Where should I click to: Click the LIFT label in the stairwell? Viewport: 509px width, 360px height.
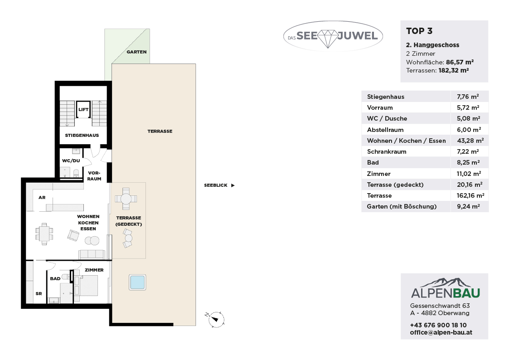pyautogui.click(x=83, y=109)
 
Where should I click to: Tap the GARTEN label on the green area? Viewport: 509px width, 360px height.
pyautogui.click(x=136, y=52)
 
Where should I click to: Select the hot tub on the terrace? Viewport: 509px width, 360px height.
pyautogui.click(x=137, y=282)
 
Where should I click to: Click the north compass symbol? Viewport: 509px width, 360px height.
pyautogui.click(x=215, y=319)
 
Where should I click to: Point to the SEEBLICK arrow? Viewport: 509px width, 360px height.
pyautogui.click(x=233, y=185)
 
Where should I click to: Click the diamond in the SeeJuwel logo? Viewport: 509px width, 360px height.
pyautogui.click(x=328, y=39)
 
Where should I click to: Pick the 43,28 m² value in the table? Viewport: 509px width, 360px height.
pyautogui.click(x=470, y=141)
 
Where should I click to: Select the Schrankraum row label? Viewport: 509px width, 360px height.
pyautogui.click(x=387, y=151)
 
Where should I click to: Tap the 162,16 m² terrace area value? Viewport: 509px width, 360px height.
pyautogui.click(x=470, y=195)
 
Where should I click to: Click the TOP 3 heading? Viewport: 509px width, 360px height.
pyautogui.click(x=419, y=31)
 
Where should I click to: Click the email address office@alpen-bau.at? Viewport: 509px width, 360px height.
pyautogui.click(x=441, y=332)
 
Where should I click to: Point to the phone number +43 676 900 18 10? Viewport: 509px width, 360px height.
pyautogui.click(x=438, y=325)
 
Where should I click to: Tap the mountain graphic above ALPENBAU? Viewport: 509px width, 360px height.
pyautogui.click(x=446, y=282)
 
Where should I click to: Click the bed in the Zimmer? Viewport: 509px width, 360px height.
pyautogui.click(x=87, y=286)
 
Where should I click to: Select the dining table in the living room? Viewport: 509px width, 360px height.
pyautogui.click(x=44, y=234)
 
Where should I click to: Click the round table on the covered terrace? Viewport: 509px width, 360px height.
pyautogui.click(x=126, y=198)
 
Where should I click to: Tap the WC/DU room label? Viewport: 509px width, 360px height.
pyautogui.click(x=71, y=161)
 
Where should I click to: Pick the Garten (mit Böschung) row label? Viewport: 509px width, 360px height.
pyautogui.click(x=402, y=206)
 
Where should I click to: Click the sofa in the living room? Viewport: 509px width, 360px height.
pyautogui.click(x=92, y=254)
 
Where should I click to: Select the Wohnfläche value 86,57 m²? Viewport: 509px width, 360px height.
pyautogui.click(x=460, y=62)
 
